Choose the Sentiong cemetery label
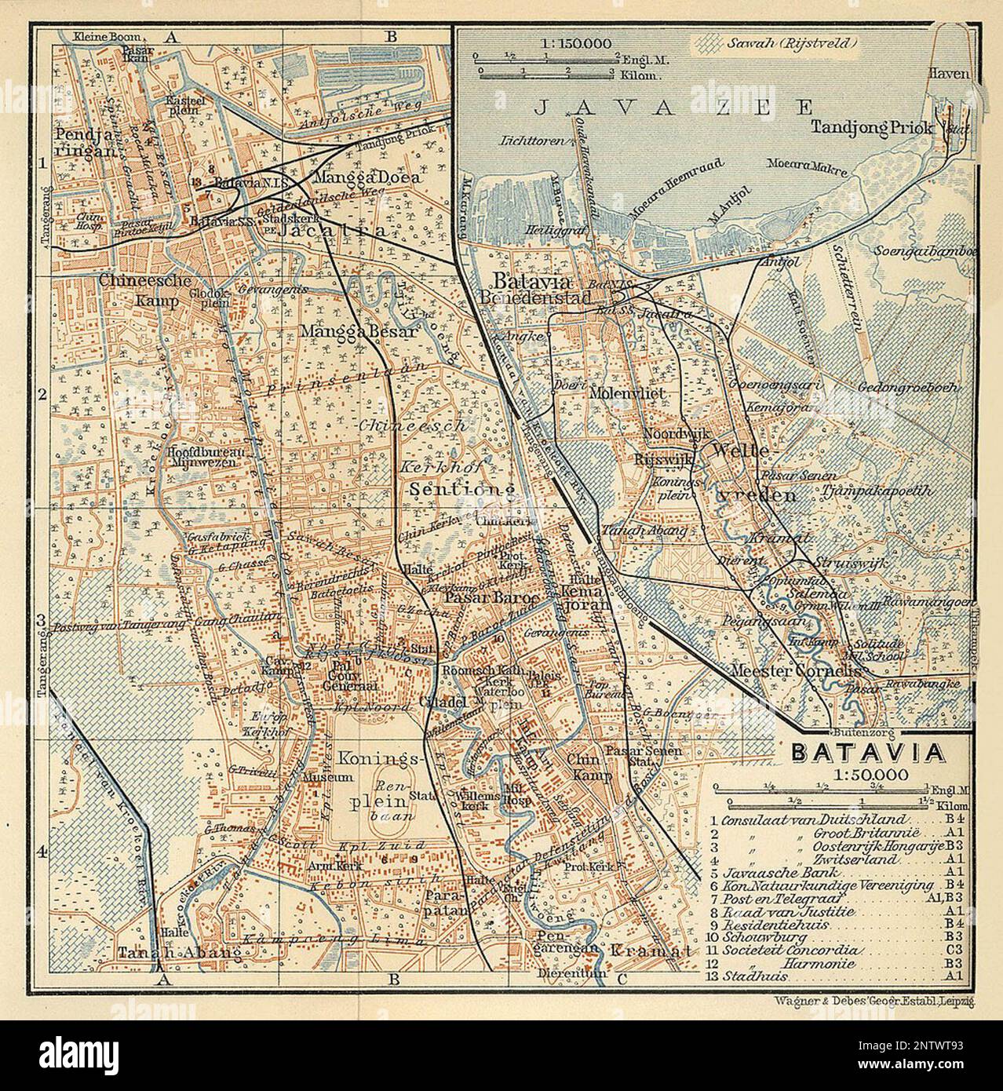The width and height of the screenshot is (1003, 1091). click(x=464, y=490)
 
